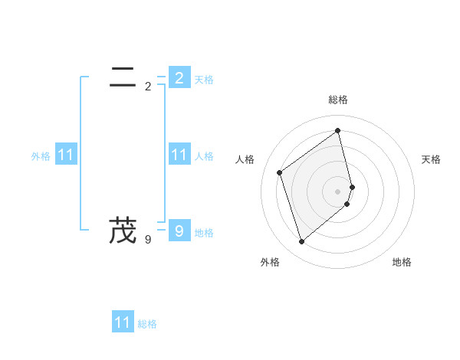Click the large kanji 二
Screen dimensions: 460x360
pyautogui.click(x=123, y=77)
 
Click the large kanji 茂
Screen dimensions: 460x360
pyautogui.click(x=123, y=230)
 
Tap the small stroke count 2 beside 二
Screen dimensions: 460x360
pyautogui.click(x=148, y=87)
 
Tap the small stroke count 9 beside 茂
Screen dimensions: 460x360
pyautogui.click(x=148, y=240)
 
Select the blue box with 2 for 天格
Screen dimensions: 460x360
pyautogui.click(x=179, y=77)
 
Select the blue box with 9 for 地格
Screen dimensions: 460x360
pyautogui.click(x=179, y=231)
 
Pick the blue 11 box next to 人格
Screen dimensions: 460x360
pyautogui.click(x=179, y=155)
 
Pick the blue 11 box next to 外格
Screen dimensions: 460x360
pyautogui.click(x=66, y=155)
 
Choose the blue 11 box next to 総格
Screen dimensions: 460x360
pyautogui.click(x=123, y=322)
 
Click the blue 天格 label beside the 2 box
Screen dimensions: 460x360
pyautogui.click(x=204, y=80)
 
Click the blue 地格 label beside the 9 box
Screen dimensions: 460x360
pyautogui.click(x=204, y=233)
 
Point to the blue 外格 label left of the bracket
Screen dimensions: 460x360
pyautogui.click(x=41, y=156)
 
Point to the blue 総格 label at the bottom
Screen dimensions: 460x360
pyautogui.click(x=147, y=324)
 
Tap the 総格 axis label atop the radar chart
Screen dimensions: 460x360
pyautogui.click(x=338, y=100)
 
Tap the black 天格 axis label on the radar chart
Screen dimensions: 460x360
pyautogui.click(x=431, y=159)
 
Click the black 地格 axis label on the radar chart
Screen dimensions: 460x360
pyautogui.click(x=402, y=262)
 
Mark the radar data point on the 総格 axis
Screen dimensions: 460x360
pyautogui.click(x=338, y=130)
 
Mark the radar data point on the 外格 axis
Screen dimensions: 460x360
pyautogui.click(x=301, y=242)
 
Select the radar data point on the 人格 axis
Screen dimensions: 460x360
pyautogui.click(x=280, y=172)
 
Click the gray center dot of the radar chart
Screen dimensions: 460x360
pyautogui.click(x=338, y=191)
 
